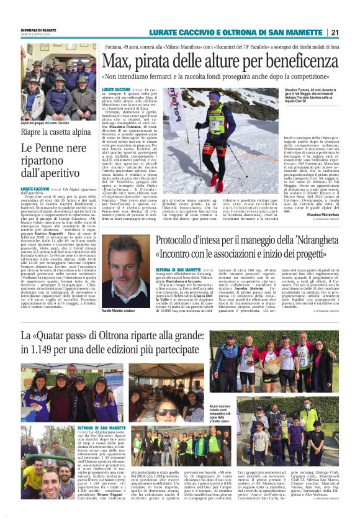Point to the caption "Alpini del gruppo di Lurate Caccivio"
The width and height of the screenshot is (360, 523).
click(53, 123)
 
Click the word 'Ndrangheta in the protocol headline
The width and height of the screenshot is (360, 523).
click(310, 241)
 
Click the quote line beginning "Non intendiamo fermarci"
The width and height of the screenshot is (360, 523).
click(221, 76)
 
